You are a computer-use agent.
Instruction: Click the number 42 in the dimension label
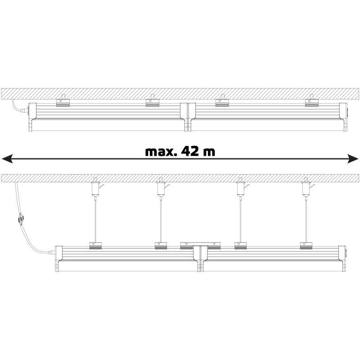[x=189, y=151]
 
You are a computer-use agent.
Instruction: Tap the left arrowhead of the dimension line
[x=7, y=159]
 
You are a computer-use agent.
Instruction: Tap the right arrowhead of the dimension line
[x=353, y=159]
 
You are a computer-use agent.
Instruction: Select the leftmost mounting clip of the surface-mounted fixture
[x=63, y=101]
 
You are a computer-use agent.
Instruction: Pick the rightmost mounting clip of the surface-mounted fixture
[x=312, y=101]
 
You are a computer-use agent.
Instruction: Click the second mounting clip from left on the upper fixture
[x=153, y=101]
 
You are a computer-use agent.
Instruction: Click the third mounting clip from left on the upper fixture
[x=222, y=101]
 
